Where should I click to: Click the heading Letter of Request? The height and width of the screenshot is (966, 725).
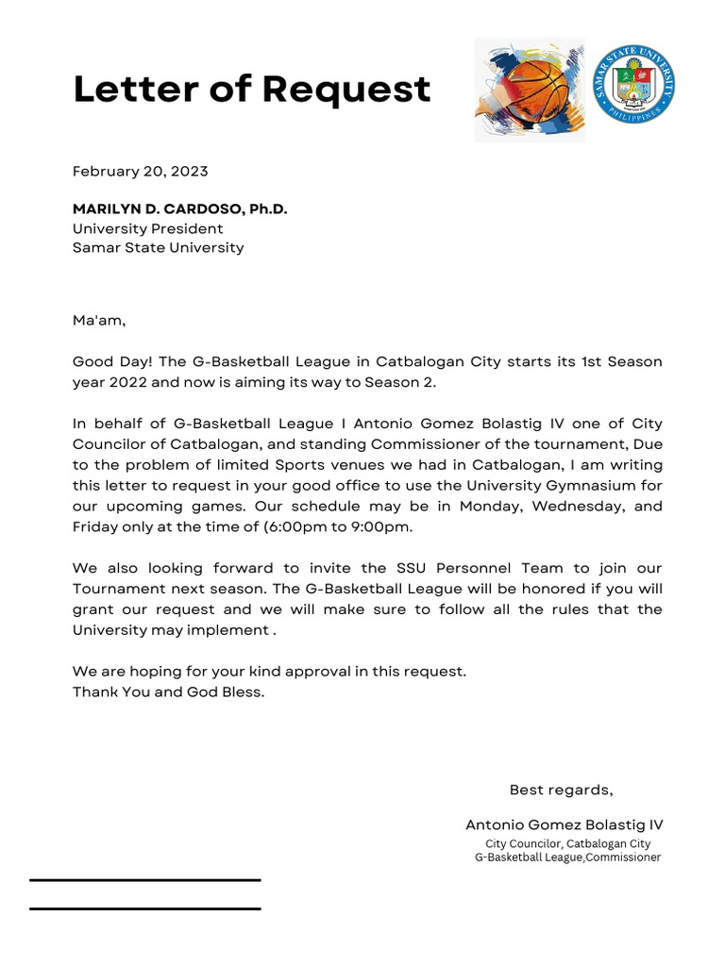[x=251, y=91]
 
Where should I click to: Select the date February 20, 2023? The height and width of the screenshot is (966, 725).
[x=141, y=172]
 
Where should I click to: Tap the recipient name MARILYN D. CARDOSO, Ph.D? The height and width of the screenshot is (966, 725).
[x=179, y=209]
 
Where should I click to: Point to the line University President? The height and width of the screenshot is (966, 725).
[x=148, y=228]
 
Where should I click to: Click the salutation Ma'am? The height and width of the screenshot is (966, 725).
[x=99, y=321]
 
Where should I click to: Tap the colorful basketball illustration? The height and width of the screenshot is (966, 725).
[x=529, y=90]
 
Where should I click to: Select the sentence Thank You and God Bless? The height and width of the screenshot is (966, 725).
[x=169, y=691]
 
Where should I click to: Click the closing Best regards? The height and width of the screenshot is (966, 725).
[x=561, y=790]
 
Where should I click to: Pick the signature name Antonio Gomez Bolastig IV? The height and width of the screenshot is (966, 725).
[x=564, y=824]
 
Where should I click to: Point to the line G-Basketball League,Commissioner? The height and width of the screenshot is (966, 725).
[x=567, y=858]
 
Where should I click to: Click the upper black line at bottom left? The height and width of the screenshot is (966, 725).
[x=144, y=880]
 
